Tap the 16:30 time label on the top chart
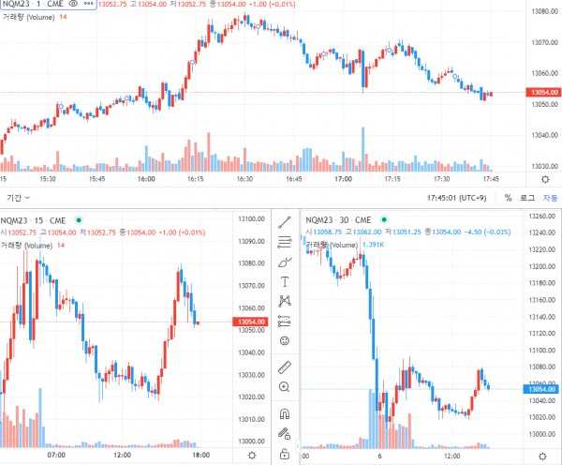[x=244, y=178]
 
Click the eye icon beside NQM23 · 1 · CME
[x=75, y=6]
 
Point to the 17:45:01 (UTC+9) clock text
[x=454, y=198]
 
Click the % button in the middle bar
[x=508, y=198]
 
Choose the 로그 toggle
[x=527, y=198]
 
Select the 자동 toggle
[x=550, y=198]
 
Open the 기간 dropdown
[x=18, y=198]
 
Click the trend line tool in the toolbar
[x=284, y=221]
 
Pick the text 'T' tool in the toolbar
[x=284, y=280]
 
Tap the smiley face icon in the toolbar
[x=284, y=341]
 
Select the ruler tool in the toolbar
[x=284, y=365]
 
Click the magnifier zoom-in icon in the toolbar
[x=284, y=386]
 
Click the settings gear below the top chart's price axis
[x=545, y=178]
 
